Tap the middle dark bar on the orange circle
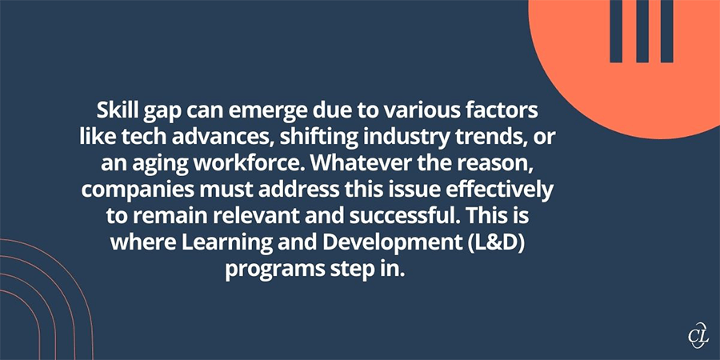pyautogui.click(x=642, y=31)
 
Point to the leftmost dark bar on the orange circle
pyautogui.click(x=617, y=31)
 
